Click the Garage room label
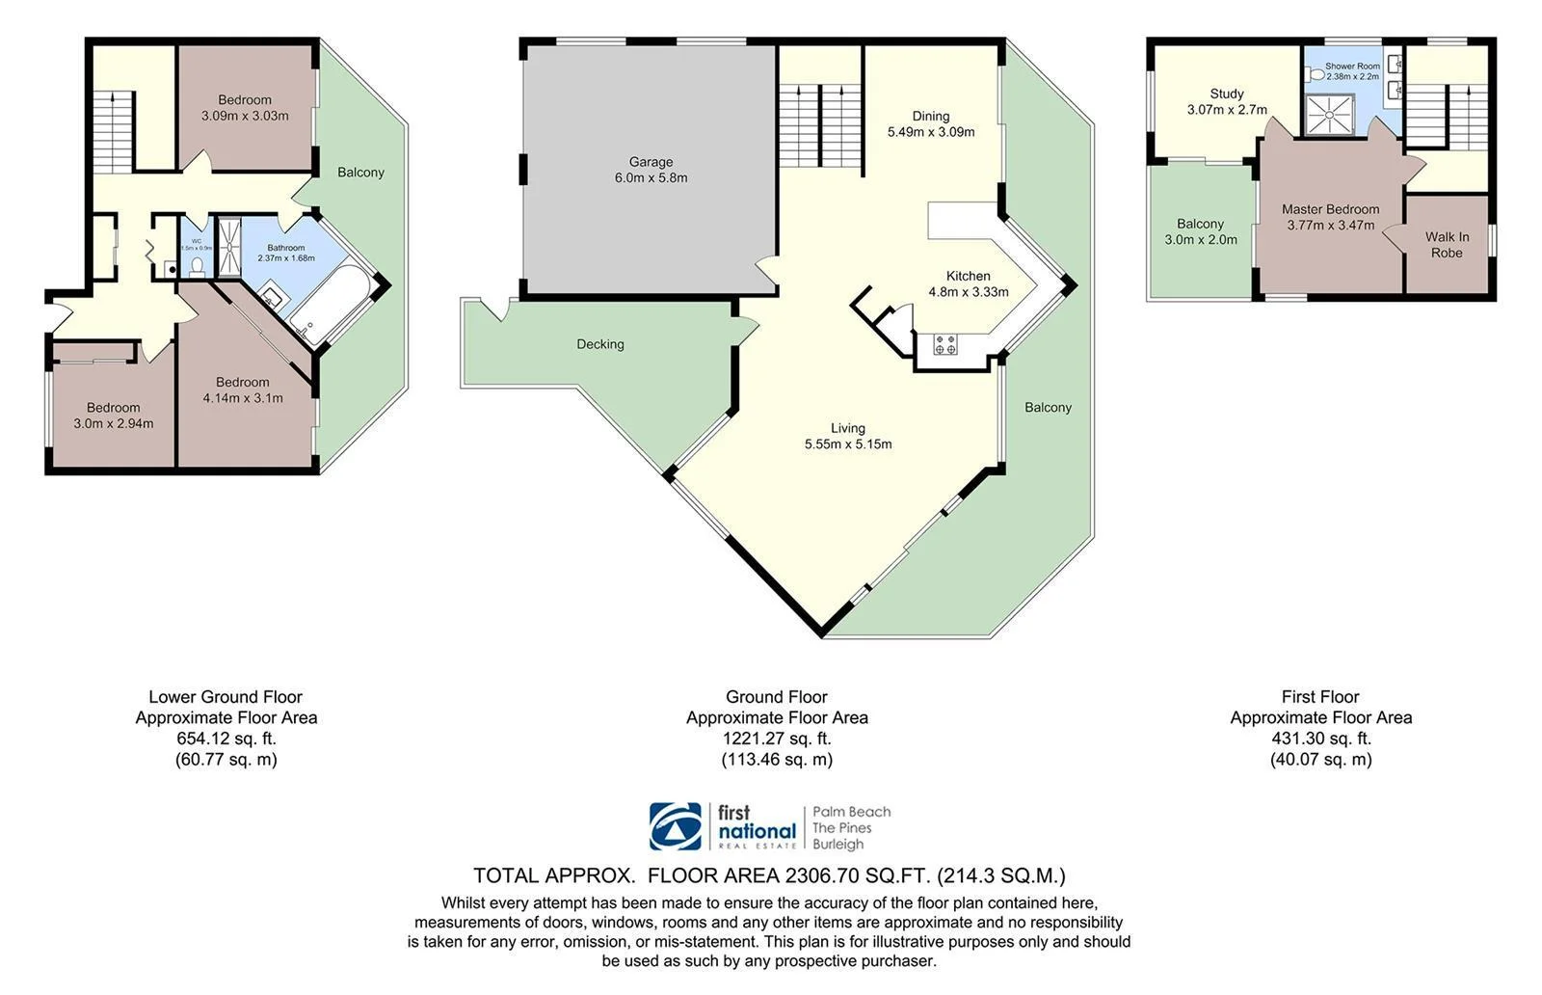tap(651, 162)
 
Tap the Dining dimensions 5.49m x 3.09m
tap(930, 132)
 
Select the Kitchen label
tap(968, 276)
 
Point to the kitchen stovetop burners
tap(945, 344)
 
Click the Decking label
tap(599, 344)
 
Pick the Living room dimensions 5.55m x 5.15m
tap(848, 444)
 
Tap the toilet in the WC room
tap(197, 264)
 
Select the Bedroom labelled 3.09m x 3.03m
tap(245, 107)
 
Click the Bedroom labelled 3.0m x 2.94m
tap(113, 416)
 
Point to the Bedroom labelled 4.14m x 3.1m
tap(243, 390)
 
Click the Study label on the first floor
tap(1227, 94)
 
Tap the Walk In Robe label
tap(1447, 245)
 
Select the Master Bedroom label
tap(1330, 209)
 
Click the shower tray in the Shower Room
tap(1329, 115)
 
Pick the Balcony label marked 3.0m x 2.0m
tap(1200, 231)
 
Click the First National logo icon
tap(676, 826)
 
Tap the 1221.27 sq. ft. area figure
tap(777, 739)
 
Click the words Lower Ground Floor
tap(226, 696)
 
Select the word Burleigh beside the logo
tap(837, 845)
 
